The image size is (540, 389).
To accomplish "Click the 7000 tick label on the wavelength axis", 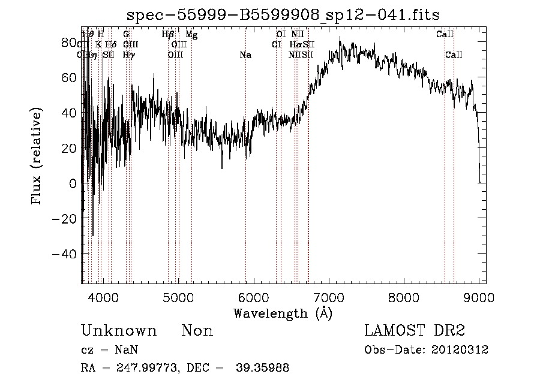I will pos(329,296).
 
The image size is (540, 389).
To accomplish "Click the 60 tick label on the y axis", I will pos(70,78).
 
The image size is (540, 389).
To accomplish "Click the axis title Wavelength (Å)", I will pos(283,313).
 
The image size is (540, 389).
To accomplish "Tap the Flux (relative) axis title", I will pos(37,157).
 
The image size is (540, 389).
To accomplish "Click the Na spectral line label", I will pos(245,55).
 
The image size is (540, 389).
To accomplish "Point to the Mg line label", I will pos(191,35).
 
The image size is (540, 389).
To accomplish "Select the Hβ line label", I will pos(168,35).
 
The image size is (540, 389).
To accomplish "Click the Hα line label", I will pos(295,45).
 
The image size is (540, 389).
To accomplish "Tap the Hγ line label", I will pos(128,55).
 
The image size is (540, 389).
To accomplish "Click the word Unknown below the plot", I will pos(119,331).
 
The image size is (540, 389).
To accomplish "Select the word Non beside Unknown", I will pos(197,331).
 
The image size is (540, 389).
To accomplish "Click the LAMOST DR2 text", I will pos(415,331).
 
